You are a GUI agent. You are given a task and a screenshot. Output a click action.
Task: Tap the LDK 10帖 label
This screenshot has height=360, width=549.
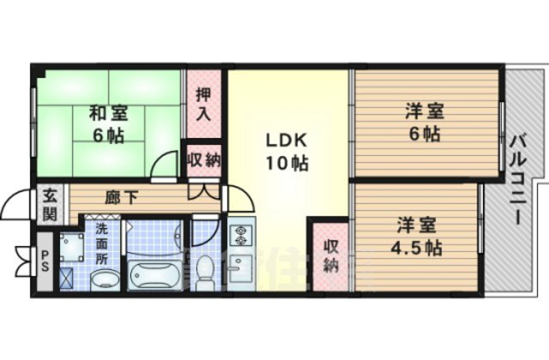coord(286,151)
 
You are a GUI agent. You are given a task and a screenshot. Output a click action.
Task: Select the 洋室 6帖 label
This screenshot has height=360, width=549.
coord(423,122)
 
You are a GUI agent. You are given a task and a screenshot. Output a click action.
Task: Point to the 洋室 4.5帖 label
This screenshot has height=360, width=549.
coord(419,237)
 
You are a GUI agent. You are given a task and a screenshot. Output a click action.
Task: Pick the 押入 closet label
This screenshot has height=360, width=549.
coord(203,103)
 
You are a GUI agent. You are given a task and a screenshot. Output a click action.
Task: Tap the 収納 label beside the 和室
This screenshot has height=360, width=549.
coord(203,159)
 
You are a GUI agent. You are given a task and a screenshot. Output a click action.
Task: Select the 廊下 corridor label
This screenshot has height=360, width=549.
coord(122,198)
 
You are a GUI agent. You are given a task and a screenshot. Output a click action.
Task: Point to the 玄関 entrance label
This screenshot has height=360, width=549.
coord(50,206)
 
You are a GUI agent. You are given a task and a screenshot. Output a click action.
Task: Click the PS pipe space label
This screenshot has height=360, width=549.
coord(45,265)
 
